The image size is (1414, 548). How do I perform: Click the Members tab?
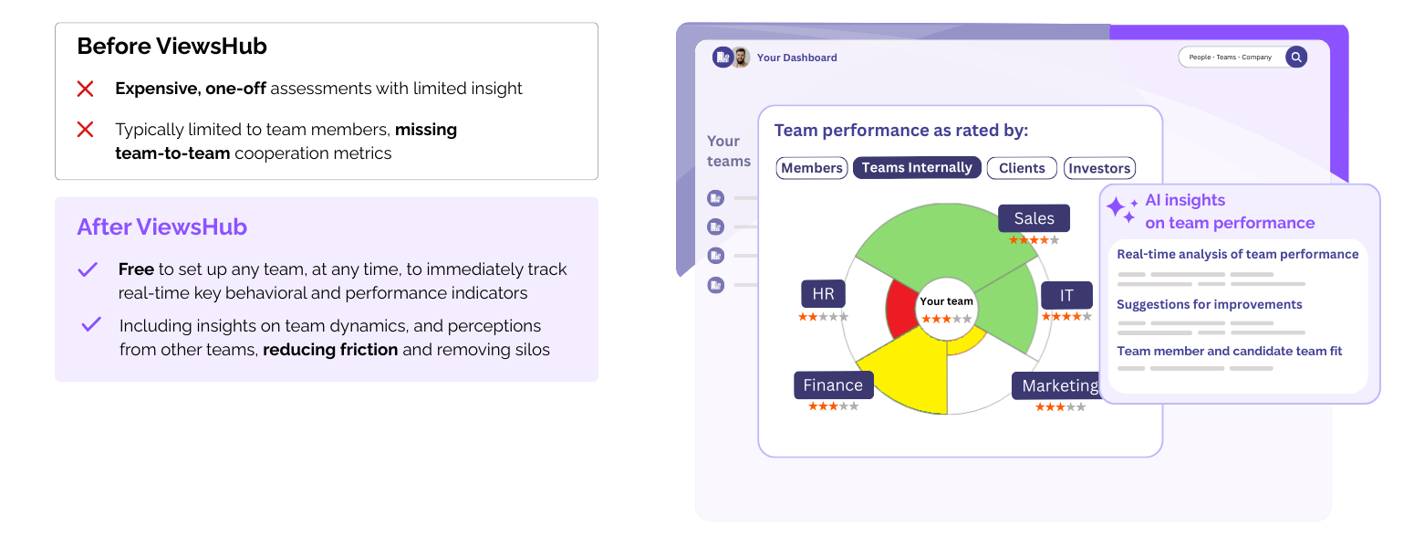(x=812, y=168)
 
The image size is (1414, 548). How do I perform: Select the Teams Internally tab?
(x=917, y=168)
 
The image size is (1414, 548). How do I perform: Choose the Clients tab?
(x=1022, y=168)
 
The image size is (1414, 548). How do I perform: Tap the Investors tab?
(x=1099, y=168)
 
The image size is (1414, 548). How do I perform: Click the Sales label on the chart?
(x=1034, y=218)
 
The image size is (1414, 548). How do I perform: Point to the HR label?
(x=823, y=294)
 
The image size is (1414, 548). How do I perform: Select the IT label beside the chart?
(x=1066, y=295)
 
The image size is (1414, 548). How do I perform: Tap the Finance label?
(x=833, y=385)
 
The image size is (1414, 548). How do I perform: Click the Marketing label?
(x=1059, y=385)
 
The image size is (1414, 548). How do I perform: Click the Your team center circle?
(x=947, y=309)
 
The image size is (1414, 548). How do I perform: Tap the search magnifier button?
(x=1295, y=57)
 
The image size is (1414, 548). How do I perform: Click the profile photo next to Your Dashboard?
(x=740, y=58)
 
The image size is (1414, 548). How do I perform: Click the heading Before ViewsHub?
(x=172, y=47)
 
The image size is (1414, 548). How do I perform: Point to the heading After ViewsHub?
(x=161, y=227)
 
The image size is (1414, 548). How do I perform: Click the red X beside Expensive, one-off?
(x=85, y=89)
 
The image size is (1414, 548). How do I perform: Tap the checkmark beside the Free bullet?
(x=88, y=269)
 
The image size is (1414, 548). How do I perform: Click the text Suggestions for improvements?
(x=1209, y=304)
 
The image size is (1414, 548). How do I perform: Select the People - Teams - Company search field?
(x=1231, y=57)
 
